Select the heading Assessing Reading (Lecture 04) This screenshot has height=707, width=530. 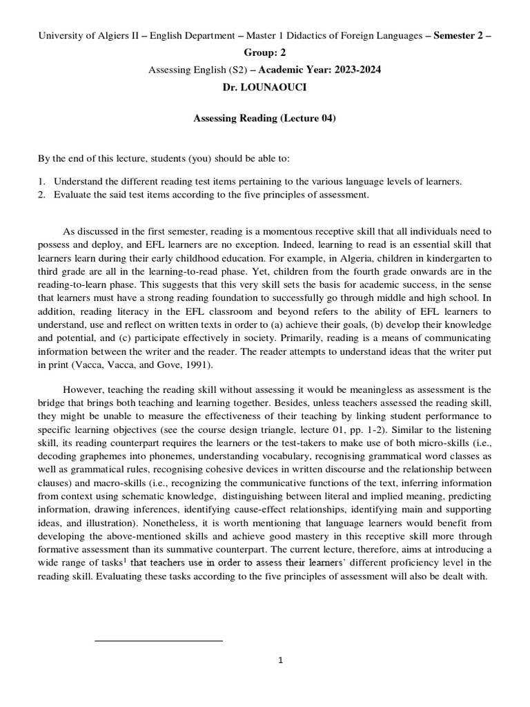tap(264, 119)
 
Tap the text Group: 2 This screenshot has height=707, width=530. tap(264, 52)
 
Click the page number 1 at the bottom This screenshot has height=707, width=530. tap(280, 660)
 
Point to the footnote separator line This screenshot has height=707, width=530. tap(158, 641)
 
